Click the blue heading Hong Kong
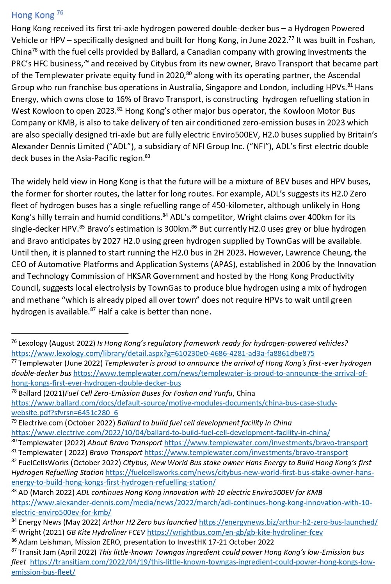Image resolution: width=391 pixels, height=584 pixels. (33, 15)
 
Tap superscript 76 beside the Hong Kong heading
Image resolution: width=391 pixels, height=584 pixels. (60, 13)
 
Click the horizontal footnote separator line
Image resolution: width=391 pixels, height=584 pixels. (70, 333)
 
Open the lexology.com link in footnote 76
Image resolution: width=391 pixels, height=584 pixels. (163, 354)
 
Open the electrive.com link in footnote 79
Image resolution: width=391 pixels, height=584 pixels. (171, 433)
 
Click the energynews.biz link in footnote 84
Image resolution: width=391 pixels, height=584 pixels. (288, 522)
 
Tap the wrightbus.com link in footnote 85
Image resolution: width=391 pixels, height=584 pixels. (235, 532)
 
